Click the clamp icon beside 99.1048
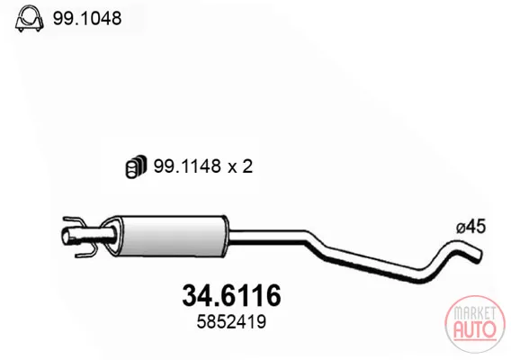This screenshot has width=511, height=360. point(30,18)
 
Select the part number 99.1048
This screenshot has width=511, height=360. point(87,18)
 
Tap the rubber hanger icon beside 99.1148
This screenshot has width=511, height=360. point(136,166)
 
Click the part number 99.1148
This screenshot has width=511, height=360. point(187,166)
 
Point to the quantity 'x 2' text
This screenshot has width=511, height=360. point(240,166)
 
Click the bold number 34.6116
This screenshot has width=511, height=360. point(231,296)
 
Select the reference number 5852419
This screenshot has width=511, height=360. point(231,322)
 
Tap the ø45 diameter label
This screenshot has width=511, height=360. point(471,226)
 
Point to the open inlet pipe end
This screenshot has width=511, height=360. point(67,236)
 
